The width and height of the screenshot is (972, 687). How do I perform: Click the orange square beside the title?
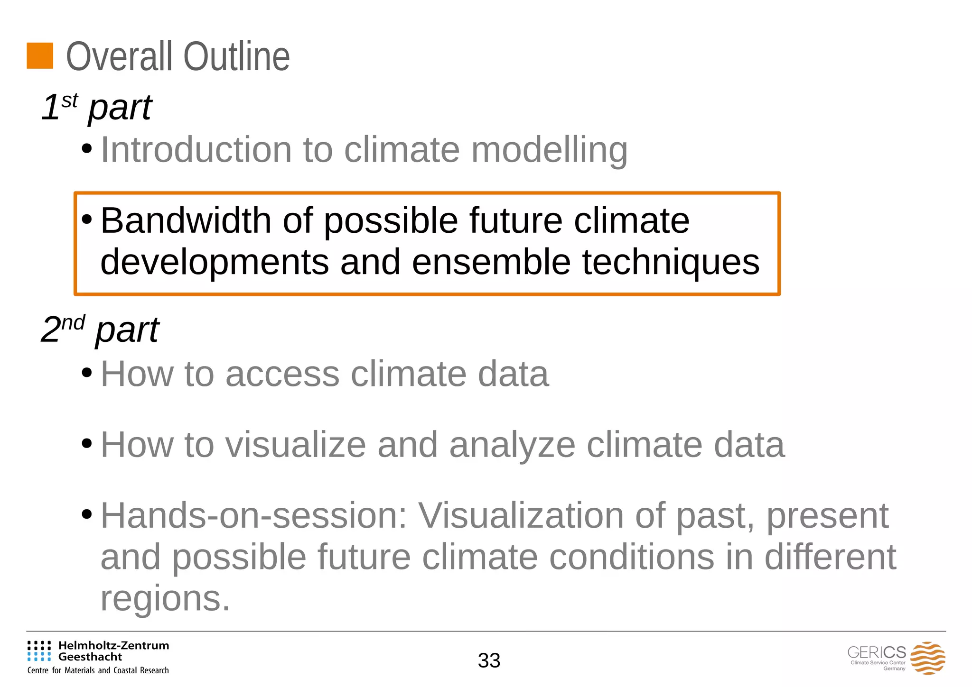point(40,56)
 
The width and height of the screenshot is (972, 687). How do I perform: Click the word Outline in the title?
point(236,57)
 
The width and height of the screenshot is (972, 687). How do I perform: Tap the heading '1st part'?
point(96,107)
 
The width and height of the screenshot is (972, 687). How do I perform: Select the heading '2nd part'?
point(100,330)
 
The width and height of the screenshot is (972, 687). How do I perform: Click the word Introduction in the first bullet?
point(196,150)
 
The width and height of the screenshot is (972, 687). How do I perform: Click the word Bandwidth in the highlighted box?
point(186,220)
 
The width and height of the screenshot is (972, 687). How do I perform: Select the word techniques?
point(671,263)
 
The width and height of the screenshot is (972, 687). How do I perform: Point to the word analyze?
point(512,446)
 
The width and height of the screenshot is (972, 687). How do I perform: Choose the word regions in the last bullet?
point(165,598)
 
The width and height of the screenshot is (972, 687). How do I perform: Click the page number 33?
point(489,660)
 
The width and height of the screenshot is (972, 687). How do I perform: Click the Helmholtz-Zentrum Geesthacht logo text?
point(113,651)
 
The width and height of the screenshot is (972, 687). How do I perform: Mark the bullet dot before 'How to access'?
point(86,373)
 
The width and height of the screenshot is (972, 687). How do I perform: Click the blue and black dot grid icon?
point(39,651)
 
